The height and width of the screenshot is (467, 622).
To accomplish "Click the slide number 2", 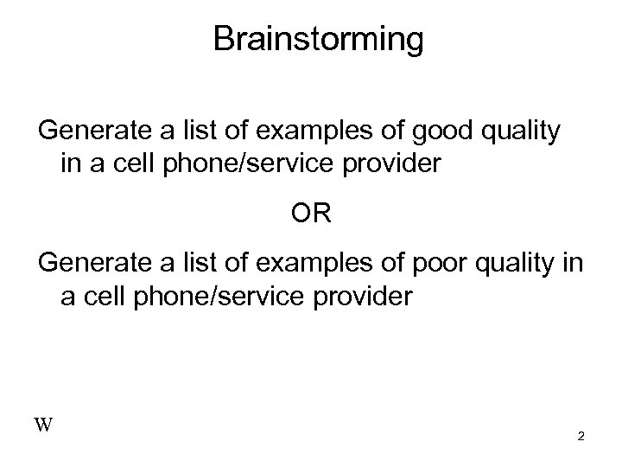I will (x=581, y=438).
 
